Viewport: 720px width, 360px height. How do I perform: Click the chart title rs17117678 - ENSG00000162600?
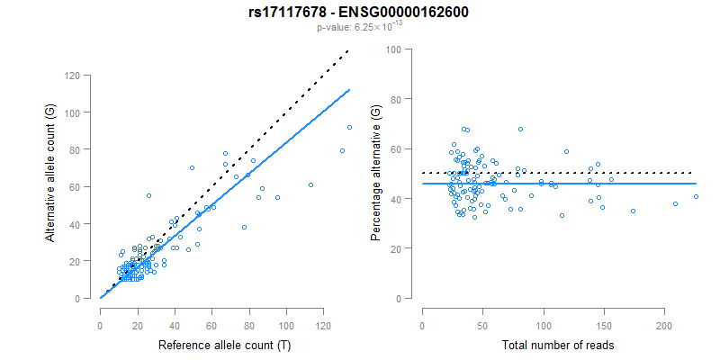click(x=359, y=13)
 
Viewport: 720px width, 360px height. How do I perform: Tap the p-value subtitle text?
click(x=359, y=28)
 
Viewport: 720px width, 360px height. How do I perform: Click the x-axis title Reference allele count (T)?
click(x=223, y=345)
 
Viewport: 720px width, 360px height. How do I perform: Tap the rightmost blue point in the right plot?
click(x=696, y=197)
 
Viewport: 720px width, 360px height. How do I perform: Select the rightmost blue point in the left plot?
click(x=349, y=127)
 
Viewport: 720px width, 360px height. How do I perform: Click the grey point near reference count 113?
click(x=310, y=184)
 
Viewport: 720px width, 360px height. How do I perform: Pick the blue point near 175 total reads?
click(x=633, y=211)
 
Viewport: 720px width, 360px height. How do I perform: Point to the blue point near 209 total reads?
click(x=675, y=203)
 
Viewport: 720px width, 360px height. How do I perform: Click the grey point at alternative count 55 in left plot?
click(x=148, y=195)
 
